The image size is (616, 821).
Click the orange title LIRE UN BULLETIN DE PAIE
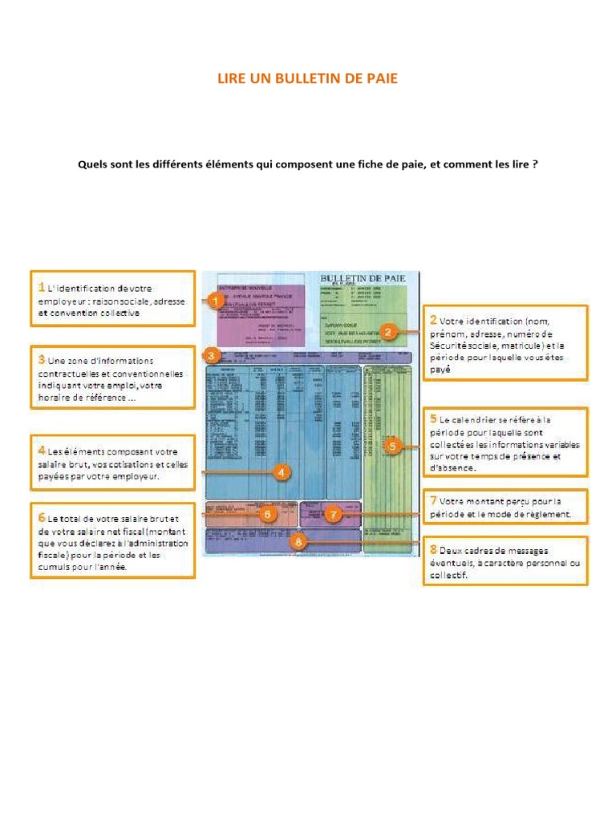coord(307,79)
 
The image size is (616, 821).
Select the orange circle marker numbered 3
coord(211,355)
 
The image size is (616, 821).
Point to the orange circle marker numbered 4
coord(282,472)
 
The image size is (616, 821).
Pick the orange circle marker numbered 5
coord(391,446)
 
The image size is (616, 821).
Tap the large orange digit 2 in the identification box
coord(433,319)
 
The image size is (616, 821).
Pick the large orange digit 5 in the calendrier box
coord(433,419)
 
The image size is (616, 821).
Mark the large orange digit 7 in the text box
coord(433,501)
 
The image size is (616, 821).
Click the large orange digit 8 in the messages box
coord(433,549)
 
